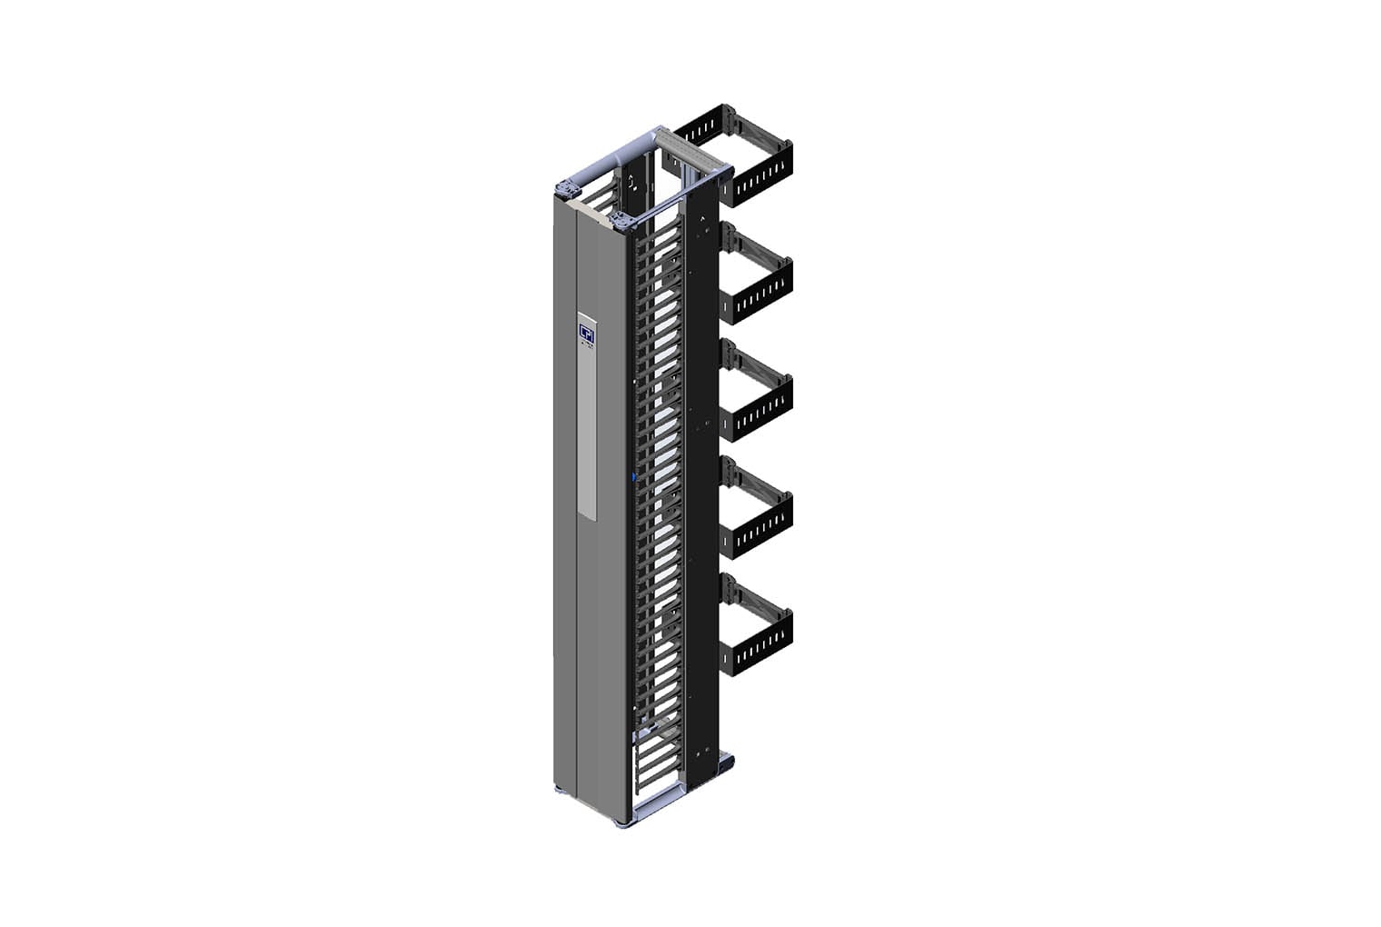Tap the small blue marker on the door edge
[x=632, y=474]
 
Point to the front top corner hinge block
[x=623, y=218]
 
